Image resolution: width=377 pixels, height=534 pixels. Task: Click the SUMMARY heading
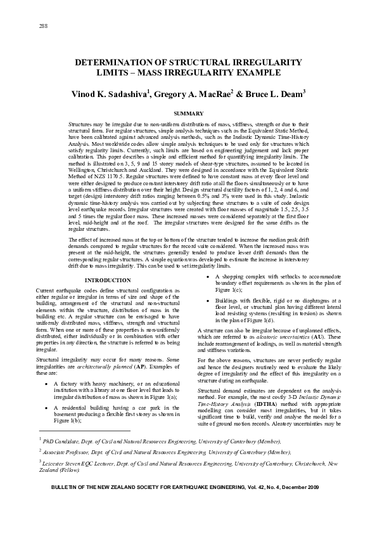(x=188, y=113)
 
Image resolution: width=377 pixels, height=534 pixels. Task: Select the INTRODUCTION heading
(x=107, y=280)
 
